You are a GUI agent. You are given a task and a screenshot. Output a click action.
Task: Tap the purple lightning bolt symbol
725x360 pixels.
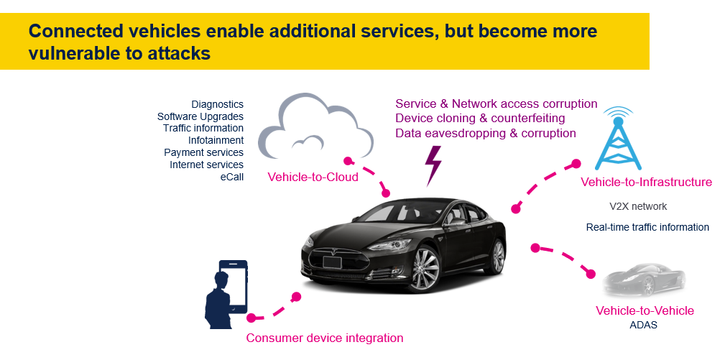click(x=434, y=165)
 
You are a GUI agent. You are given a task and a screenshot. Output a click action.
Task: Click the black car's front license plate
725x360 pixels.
click(x=331, y=263)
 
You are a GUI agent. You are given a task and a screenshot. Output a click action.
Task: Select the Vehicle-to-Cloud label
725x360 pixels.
click(x=313, y=177)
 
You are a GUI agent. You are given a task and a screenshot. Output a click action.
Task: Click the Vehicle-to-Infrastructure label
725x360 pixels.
click(x=646, y=183)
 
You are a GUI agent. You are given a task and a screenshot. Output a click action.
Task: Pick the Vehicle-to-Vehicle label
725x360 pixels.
click(x=645, y=310)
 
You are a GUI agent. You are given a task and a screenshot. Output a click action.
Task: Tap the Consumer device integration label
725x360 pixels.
click(x=325, y=338)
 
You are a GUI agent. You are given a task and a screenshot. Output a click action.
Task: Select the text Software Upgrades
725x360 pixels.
click(x=200, y=116)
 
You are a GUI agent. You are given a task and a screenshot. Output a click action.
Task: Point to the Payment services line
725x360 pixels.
click(x=203, y=152)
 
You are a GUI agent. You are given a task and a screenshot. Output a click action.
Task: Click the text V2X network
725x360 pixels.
click(x=637, y=206)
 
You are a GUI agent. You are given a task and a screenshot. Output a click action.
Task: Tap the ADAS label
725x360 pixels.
click(x=643, y=325)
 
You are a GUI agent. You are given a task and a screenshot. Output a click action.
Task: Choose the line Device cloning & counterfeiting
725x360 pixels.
click(x=480, y=118)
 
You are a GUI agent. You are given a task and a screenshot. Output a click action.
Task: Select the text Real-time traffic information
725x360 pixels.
click(x=647, y=227)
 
